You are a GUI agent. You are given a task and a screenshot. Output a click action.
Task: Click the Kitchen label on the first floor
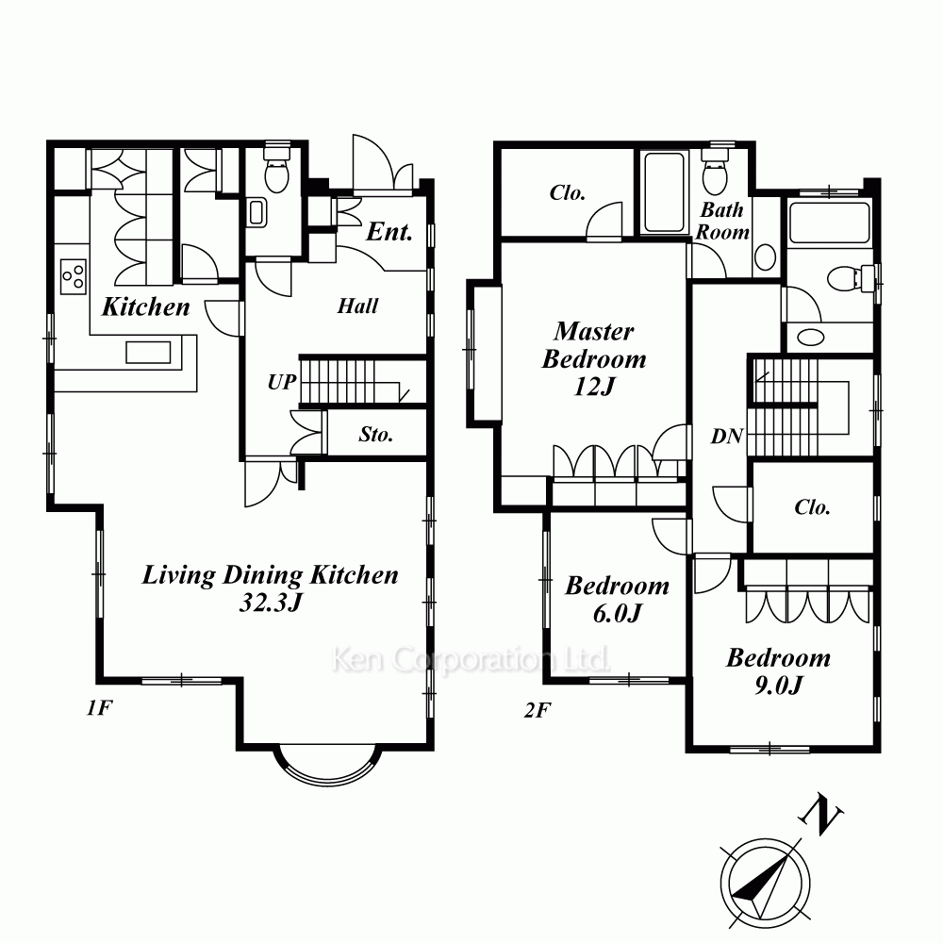[x=145, y=306]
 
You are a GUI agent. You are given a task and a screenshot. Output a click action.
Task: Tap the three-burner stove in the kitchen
[x=73, y=275]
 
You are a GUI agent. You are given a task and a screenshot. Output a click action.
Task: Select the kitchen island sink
[x=148, y=353]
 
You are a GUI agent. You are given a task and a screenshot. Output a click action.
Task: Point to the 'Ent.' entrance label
[x=389, y=232]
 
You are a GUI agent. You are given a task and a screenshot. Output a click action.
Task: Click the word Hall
[x=357, y=306]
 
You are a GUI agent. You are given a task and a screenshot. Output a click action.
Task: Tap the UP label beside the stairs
[x=282, y=382]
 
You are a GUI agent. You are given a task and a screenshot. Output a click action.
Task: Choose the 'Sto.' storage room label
[x=376, y=434]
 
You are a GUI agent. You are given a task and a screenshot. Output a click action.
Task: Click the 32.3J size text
[x=270, y=602]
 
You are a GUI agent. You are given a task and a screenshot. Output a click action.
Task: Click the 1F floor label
[x=99, y=708]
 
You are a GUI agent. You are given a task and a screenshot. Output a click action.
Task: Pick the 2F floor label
[x=538, y=711]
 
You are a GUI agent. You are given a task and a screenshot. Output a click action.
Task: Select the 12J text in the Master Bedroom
[x=594, y=386]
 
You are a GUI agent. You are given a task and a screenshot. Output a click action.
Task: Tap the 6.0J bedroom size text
[x=618, y=614]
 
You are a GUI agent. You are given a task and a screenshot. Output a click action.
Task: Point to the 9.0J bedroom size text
[x=778, y=685]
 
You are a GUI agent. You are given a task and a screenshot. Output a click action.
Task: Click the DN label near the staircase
[x=727, y=436]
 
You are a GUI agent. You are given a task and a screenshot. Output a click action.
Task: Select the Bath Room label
[x=722, y=222]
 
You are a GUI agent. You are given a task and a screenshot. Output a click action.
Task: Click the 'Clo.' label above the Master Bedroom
[x=567, y=192]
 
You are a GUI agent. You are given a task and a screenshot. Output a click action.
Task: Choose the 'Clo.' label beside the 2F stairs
[x=812, y=507]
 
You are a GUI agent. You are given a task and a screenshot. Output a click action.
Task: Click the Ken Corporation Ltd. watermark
[x=471, y=660]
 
